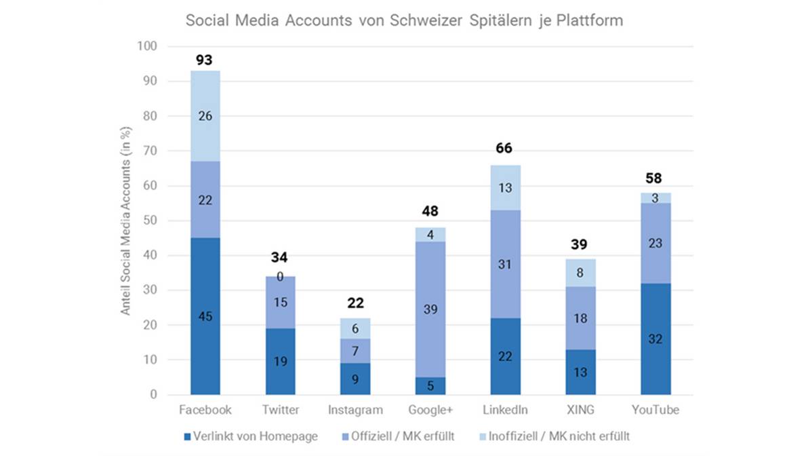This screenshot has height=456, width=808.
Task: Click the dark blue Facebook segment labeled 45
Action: coord(205,316)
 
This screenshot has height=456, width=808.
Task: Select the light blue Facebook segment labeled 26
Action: coord(205,116)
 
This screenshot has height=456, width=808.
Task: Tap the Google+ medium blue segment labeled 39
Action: coord(430,309)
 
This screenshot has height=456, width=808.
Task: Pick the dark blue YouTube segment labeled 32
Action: coord(655,339)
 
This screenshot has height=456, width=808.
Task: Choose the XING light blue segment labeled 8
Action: coord(581,273)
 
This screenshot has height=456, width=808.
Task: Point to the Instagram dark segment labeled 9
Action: coord(355,379)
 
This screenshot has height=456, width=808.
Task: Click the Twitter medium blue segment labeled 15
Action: coord(280,303)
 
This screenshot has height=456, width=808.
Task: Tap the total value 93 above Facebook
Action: coord(205,60)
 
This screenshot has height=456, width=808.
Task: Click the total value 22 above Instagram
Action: coord(355,303)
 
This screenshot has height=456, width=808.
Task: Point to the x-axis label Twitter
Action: coord(280,411)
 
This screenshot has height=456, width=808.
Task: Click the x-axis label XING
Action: coord(581,411)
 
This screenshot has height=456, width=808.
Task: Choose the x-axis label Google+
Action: coord(430,411)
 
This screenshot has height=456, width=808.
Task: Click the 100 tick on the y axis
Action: coord(147,47)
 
